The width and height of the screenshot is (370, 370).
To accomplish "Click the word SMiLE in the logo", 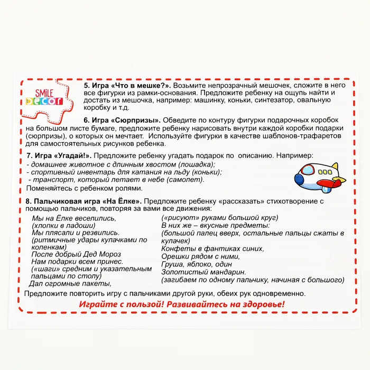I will click(44, 90).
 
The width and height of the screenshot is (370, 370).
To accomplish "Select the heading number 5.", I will click(86, 85).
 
